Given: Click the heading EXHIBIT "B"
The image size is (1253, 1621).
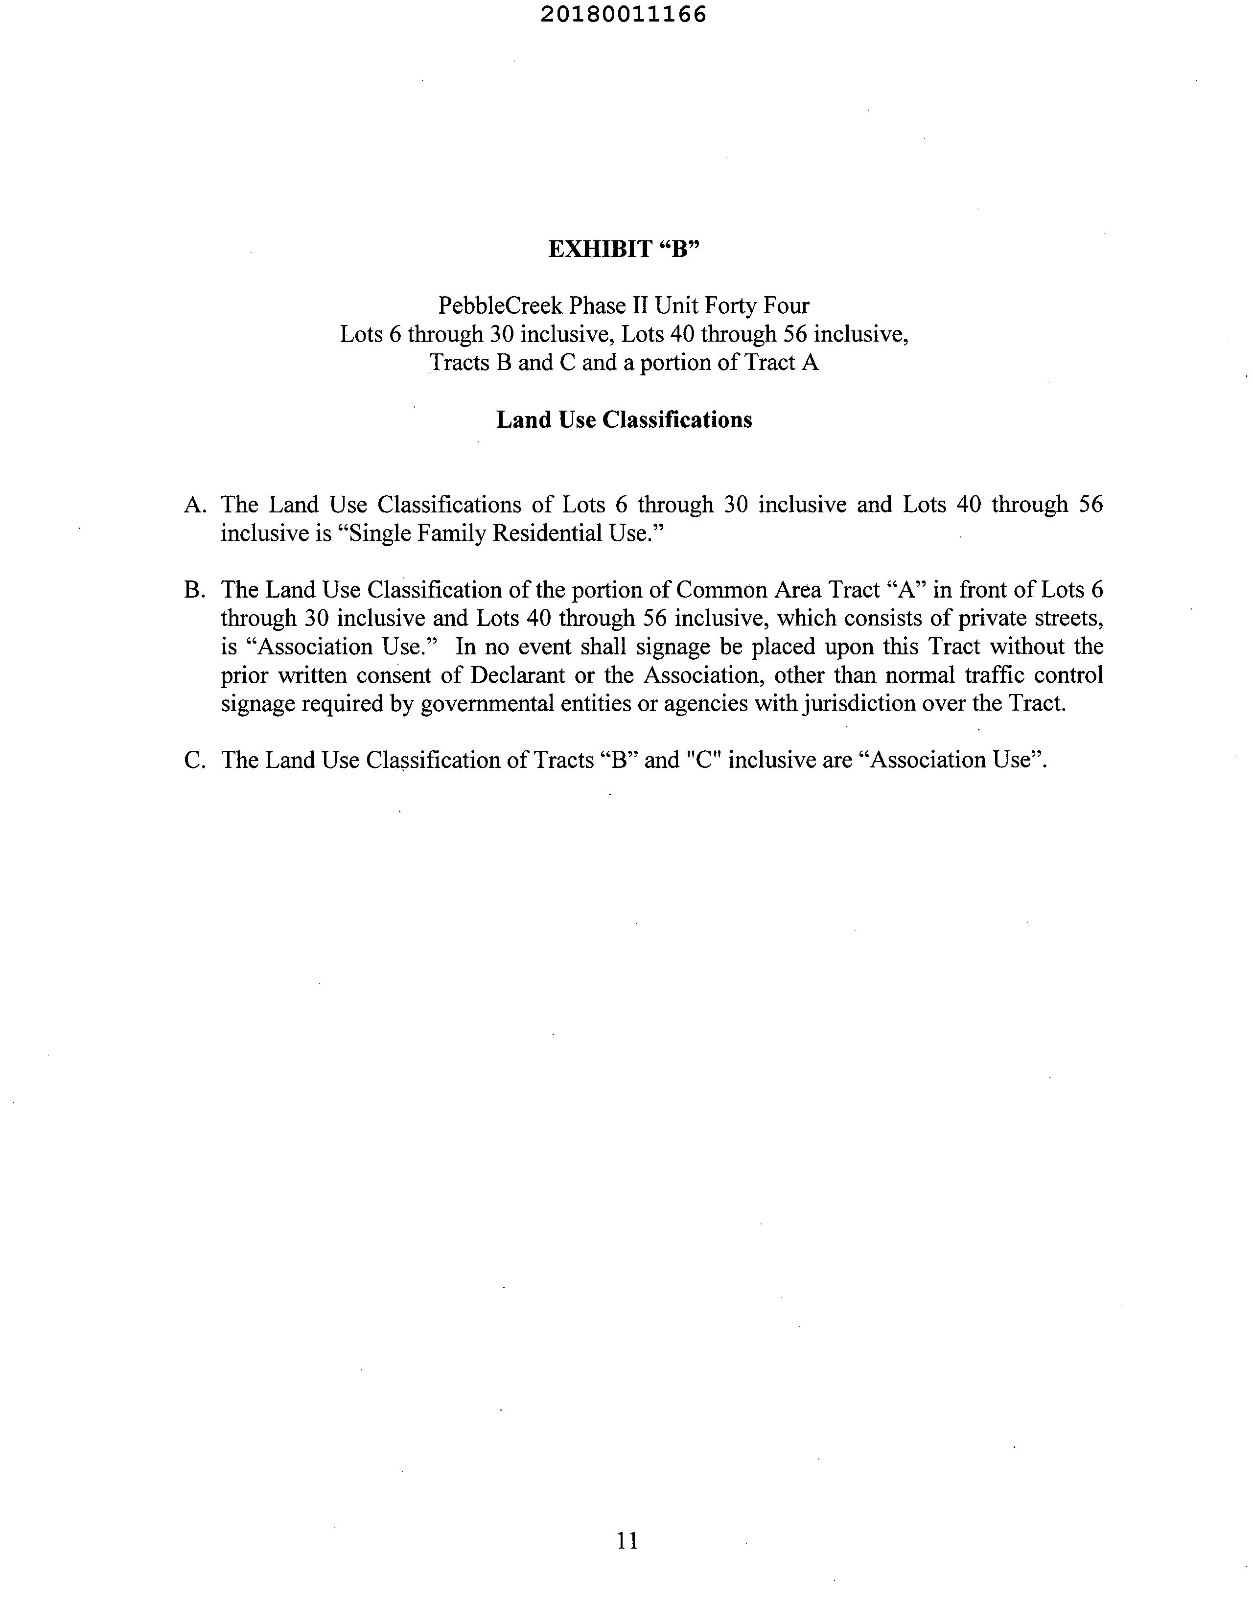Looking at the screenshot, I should (624, 250).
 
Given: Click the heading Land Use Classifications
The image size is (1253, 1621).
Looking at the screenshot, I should (624, 420).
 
